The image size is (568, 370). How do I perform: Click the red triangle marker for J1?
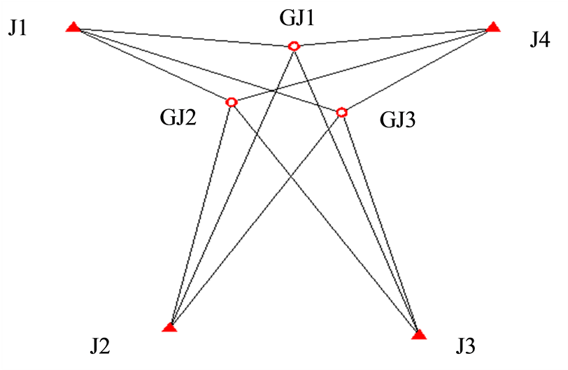pos(73,27)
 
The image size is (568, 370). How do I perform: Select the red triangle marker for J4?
pos(493,27)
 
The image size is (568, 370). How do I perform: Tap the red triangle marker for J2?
pos(170,327)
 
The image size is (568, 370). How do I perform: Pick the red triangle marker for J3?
pos(419,334)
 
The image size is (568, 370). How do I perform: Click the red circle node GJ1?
pos(294,46)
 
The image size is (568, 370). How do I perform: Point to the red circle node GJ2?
pos(232,102)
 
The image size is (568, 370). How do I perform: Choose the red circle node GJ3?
pos(341,112)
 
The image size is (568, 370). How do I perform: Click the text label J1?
pos(19,29)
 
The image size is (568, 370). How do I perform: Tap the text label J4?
pos(539,40)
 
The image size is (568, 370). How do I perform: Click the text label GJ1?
pos(296,17)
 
